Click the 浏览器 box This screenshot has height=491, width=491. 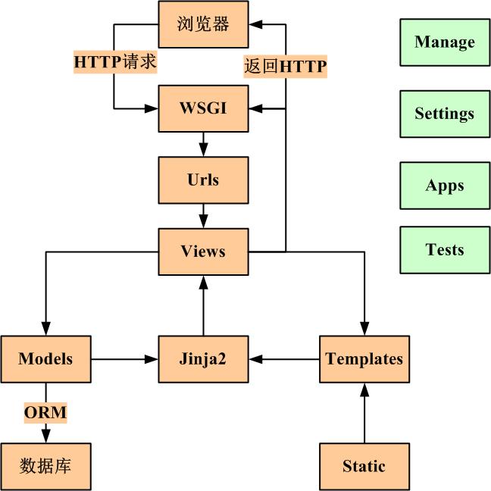(203, 23)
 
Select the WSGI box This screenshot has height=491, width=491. (203, 108)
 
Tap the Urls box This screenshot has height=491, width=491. (203, 180)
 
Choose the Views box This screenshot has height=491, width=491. (203, 251)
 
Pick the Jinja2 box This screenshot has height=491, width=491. (203, 358)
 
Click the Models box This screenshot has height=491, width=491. (45, 358)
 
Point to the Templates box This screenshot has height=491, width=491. (364, 358)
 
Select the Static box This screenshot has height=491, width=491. (364, 466)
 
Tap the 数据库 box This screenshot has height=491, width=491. (45, 466)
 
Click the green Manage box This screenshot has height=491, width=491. (445, 42)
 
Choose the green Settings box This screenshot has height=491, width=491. (445, 114)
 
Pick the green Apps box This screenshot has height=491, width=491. (445, 186)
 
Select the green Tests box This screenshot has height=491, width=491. (445, 250)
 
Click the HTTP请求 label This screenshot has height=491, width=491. (115, 62)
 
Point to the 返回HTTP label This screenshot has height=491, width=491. (285, 67)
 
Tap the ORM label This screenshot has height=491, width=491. (45, 413)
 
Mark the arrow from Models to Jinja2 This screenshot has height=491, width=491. (125, 358)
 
